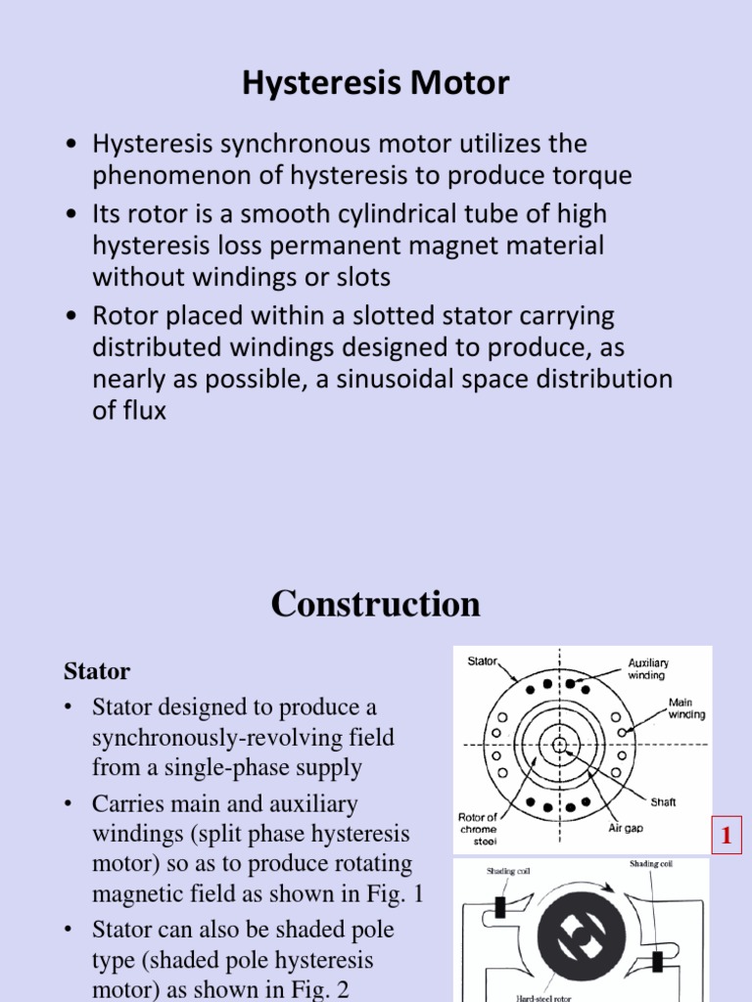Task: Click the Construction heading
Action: point(376,604)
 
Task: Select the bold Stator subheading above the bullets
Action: point(97,671)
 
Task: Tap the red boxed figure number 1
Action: point(727,837)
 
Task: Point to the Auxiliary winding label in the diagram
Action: point(648,668)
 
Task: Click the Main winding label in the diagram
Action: point(686,707)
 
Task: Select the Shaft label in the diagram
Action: point(663,802)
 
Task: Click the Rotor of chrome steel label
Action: point(479,829)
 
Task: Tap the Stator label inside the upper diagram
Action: point(482,661)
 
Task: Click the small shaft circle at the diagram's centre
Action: point(559,745)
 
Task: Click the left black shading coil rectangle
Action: point(499,906)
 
